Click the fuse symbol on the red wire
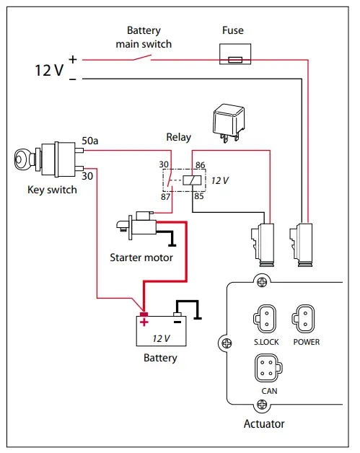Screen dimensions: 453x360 [x=234, y=59]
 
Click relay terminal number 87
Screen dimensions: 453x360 [x=164, y=197]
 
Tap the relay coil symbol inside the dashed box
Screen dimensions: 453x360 [x=191, y=180]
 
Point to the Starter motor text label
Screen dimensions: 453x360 [x=141, y=258]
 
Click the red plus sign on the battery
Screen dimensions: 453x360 [x=144, y=322]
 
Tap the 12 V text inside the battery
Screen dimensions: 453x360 [x=162, y=338]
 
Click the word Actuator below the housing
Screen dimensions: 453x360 [x=264, y=423]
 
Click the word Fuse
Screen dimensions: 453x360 [x=233, y=30]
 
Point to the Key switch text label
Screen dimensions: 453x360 [x=52, y=190]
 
